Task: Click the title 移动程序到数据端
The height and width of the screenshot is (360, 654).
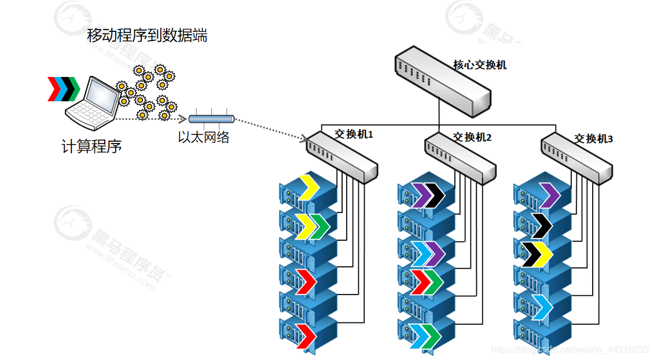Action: [x=147, y=36]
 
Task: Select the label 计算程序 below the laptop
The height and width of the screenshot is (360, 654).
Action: [x=91, y=146]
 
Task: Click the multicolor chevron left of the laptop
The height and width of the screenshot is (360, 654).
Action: [x=63, y=88]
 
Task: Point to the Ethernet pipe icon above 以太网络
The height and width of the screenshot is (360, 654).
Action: [x=211, y=119]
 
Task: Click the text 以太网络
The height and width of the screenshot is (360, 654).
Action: [x=204, y=138]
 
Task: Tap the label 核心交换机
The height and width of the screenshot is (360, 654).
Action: [x=479, y=65]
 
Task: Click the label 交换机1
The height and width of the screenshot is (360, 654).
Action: [x=354, y=134]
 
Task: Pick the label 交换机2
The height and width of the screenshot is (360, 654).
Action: [x=472, y=137]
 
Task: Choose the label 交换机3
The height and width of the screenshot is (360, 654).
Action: [x=593, y=139]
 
